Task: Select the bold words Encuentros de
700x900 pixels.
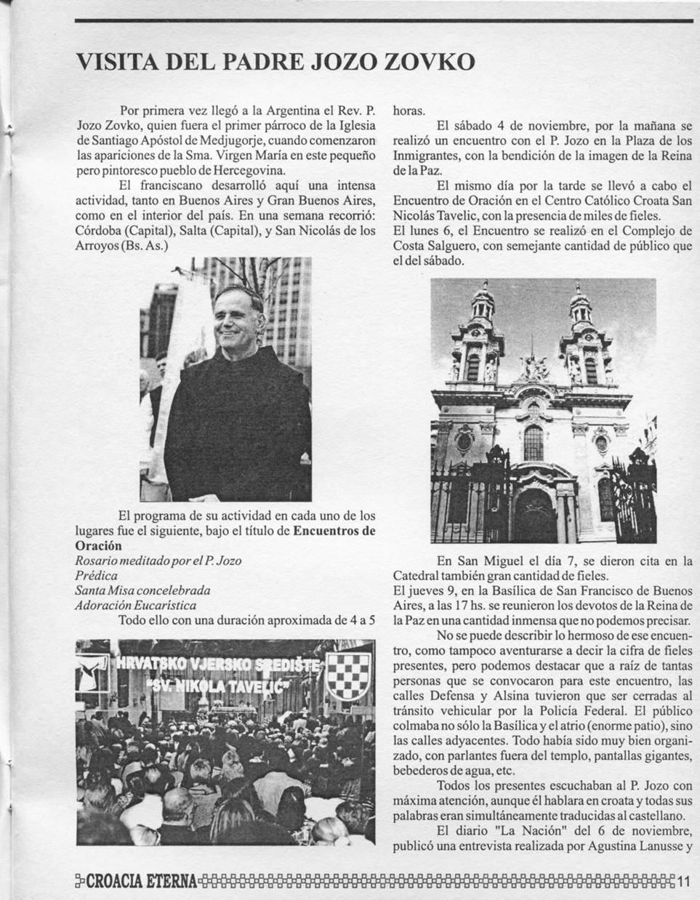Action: point(334,531)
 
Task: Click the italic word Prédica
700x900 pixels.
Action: point(97,575)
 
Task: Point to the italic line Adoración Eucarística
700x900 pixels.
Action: point(136,605)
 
